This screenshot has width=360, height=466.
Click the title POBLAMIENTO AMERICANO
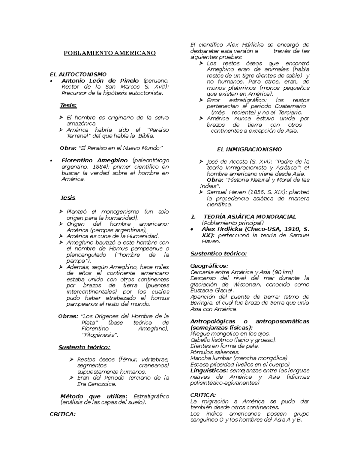pyautogui.click(x=109, y=53)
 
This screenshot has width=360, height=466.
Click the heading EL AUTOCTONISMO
pyautogui.click(x=78, y=74)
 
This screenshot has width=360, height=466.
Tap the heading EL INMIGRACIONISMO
pyautogui.click(x=249, y=149)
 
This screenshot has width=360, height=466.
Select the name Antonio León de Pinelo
pyautogui.click(x=100, y=80)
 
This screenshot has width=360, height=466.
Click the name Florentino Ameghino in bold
pyautogui.click(x=94, y=161)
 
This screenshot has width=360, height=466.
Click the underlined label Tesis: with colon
pyautogui.click(x=68, y=105)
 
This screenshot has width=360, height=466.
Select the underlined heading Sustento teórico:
pyautogui.click(x=84, y=347)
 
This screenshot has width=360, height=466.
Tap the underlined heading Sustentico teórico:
pyautogui.click(x=218, y=254)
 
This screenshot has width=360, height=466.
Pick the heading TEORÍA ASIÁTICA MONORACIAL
pyautogui.click(x=250, y=217)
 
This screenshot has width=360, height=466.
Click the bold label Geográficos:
pyautogui.click(x=209, y=266)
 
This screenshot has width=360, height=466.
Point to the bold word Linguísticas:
pyautogui.click(x=209, y=371)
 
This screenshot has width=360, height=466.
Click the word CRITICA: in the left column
pyautogui.click(x=62, y=414)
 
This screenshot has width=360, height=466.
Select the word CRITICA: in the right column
pyautogui.click(x=203, y=395)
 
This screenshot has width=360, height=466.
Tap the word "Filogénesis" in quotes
pyautogui.click(x=100, y=335)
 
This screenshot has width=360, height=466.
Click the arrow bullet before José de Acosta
pyautogui.click(x=201, y=162)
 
